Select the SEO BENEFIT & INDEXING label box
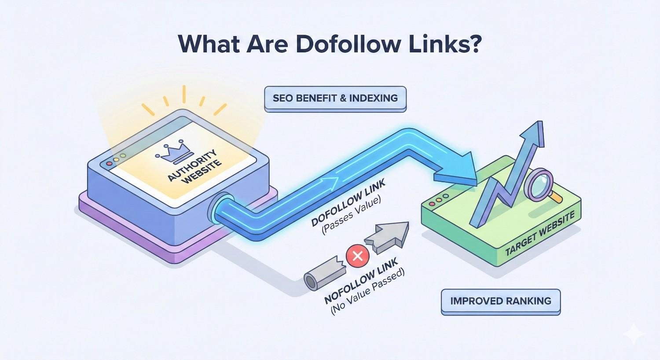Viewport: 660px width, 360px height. [x=335, y=99]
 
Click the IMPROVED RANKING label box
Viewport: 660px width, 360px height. [x=501, y=301]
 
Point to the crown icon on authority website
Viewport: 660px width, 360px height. [x=169, y=153]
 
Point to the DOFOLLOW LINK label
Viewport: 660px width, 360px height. [x=348, y=202]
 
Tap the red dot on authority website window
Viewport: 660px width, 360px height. [x=109, y=164]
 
